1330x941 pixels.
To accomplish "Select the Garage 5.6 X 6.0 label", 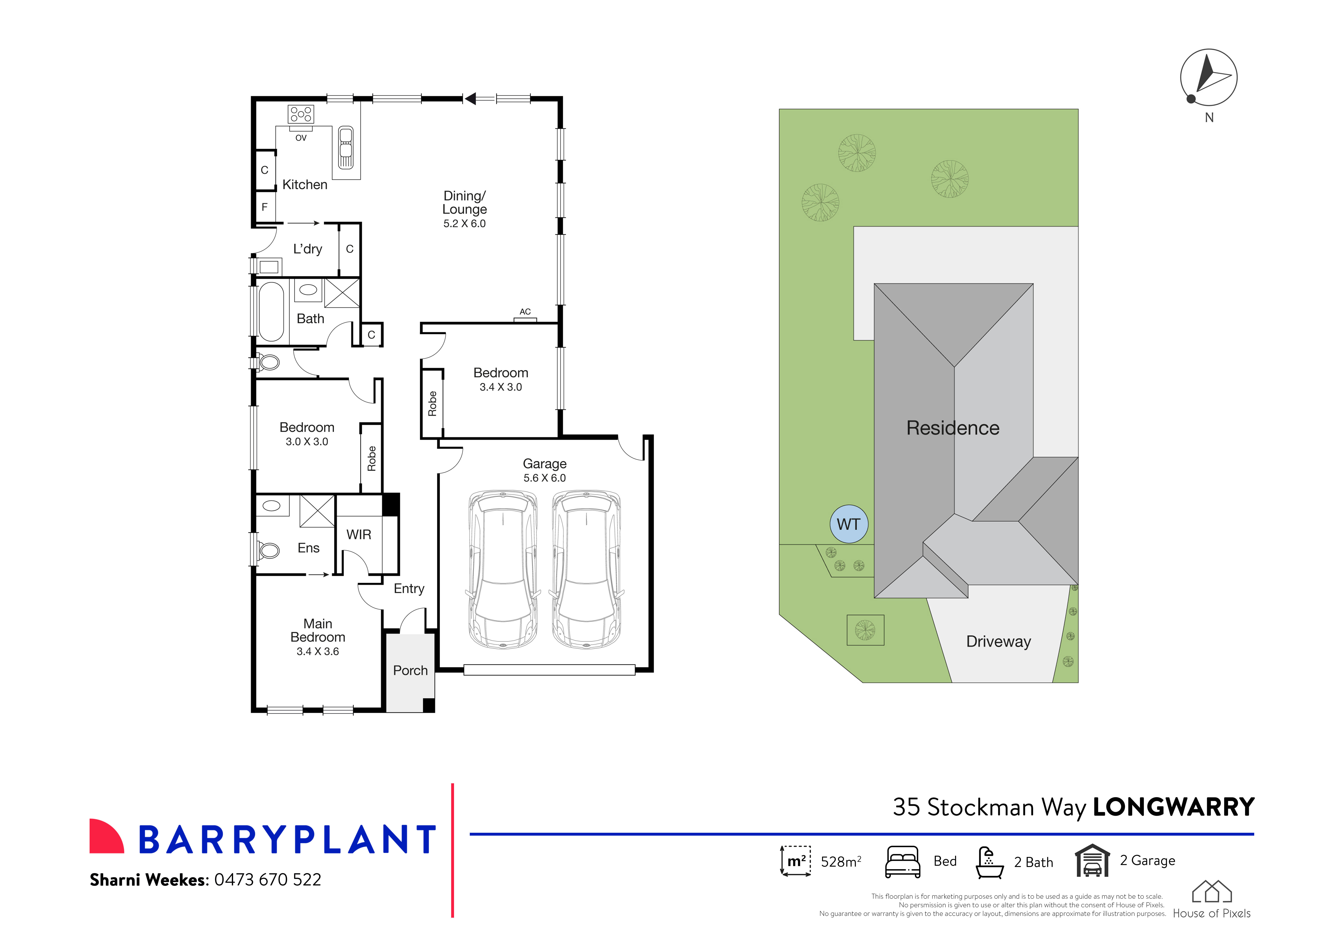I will [545, 471].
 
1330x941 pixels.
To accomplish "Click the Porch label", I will [410, 670].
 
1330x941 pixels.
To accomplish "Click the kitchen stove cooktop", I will [301, 114].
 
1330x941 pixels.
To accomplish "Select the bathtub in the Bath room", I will [271, 312].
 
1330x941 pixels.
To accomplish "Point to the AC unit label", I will [525, 312].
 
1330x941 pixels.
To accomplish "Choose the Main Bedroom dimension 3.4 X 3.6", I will [317, 651].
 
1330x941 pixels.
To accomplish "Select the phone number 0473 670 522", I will [268, 880].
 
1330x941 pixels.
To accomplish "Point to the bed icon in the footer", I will [902, 862].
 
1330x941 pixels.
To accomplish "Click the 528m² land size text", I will [840, 862].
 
